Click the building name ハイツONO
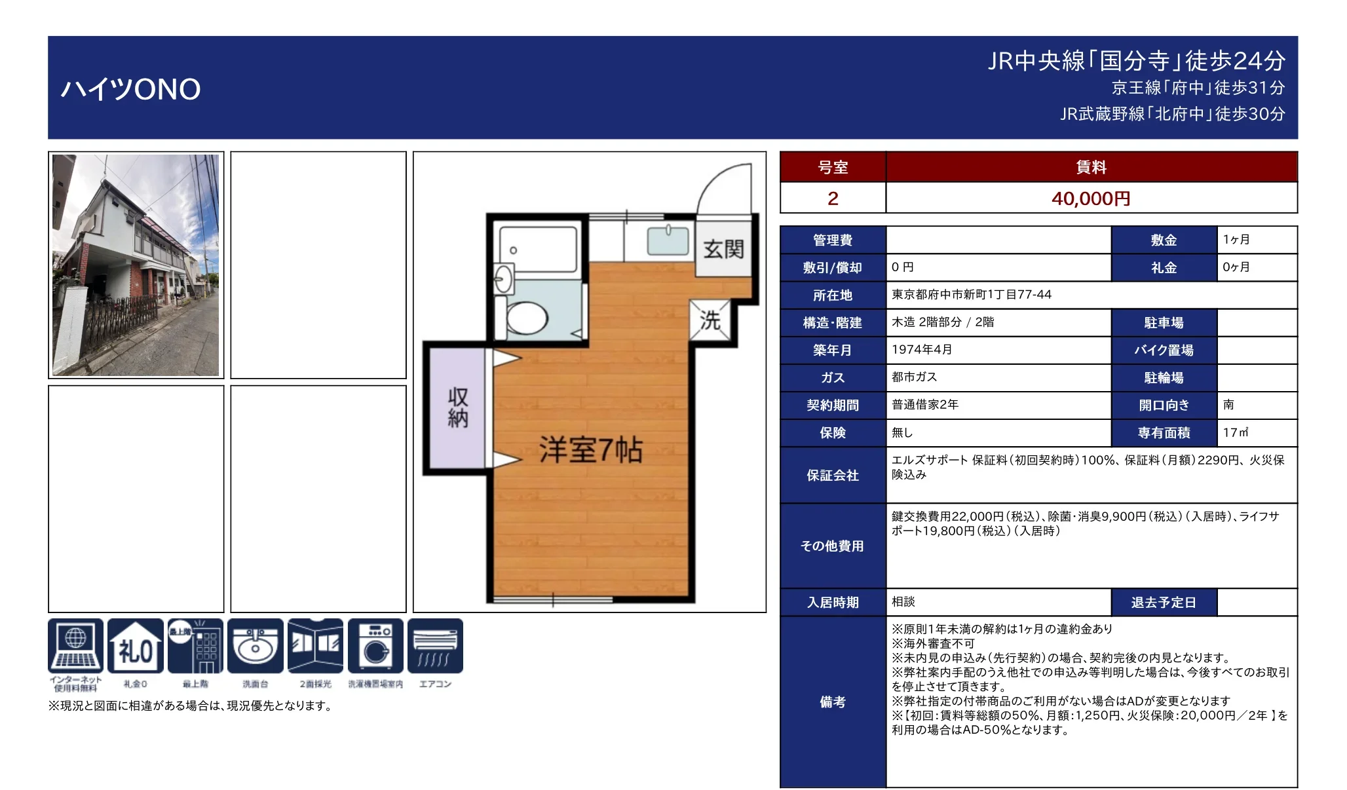click(130, 89)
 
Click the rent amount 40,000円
click(1091, 198)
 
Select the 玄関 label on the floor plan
click(723, 249)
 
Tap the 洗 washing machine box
click(710, 320)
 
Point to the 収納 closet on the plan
click(458, 407)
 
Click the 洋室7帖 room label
click(590, 450)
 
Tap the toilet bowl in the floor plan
click(526, 318)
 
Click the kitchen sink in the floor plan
click(668, 240)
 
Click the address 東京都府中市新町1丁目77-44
click(971, 295)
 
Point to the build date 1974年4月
click(922, 350)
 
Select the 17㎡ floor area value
click(1236, 432)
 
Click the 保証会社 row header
click(833, 475)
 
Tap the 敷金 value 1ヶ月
click(1236, 240)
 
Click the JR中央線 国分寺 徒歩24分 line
click(1136, 61)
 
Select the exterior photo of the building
click(136, 265)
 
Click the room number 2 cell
click(833, 198)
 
